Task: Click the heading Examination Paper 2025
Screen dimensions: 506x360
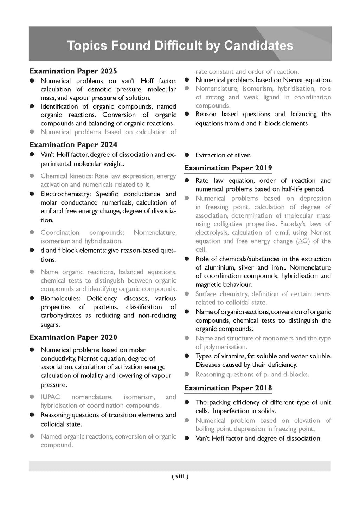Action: (x=73, y=71)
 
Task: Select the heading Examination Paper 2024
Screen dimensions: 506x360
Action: (x=73, y=145)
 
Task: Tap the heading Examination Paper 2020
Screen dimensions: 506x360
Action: (x=73, y=337)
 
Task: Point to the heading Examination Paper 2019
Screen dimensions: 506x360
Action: (x=228, y=168)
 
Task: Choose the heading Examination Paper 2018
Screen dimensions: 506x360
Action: (x=228, y=388)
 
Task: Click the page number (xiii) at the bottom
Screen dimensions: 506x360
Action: (x=180, y=476)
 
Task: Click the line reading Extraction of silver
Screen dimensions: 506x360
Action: (x=223, y=155)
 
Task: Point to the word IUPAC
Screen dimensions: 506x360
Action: (x=50, y=397)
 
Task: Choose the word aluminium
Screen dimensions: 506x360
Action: (x=218, y=267)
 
